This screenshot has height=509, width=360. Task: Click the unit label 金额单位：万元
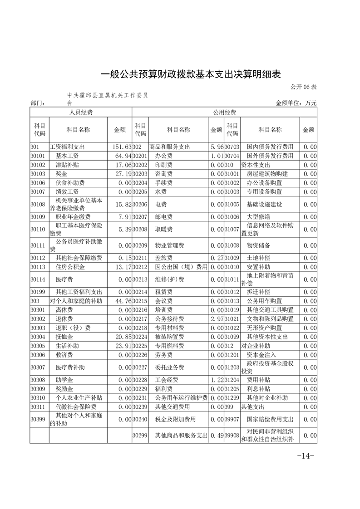(296, 103)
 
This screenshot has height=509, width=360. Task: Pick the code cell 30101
(38, 156)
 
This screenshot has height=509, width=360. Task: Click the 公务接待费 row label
(170, 318)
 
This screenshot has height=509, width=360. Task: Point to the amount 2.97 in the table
(216, 318)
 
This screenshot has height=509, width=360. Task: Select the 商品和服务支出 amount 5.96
(216, 147)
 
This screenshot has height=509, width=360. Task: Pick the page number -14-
(305, 456)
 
